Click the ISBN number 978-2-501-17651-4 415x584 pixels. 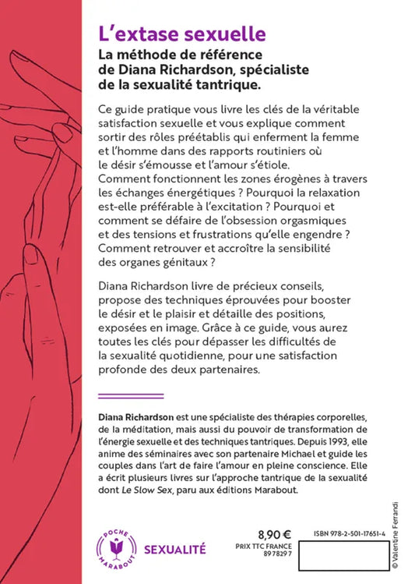point(350,533)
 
